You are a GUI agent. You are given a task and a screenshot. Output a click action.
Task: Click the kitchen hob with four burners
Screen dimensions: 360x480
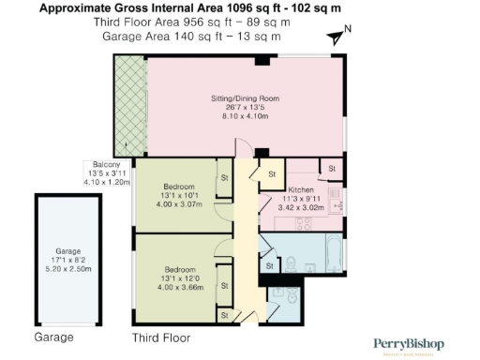pyautogui.click(x=305, y=224)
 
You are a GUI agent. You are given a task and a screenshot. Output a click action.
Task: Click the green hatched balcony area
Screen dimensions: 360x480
pyautogui.click(x=127, y=105)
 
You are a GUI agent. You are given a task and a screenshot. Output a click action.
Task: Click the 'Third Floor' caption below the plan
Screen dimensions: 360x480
pyautogui.click(x=160, y=337)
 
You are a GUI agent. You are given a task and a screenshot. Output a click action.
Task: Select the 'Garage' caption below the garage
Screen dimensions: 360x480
pyautogui.click(x=53, y=337)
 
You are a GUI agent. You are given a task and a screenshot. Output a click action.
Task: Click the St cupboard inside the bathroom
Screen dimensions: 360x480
pyautogui.click(x=269, y=267)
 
